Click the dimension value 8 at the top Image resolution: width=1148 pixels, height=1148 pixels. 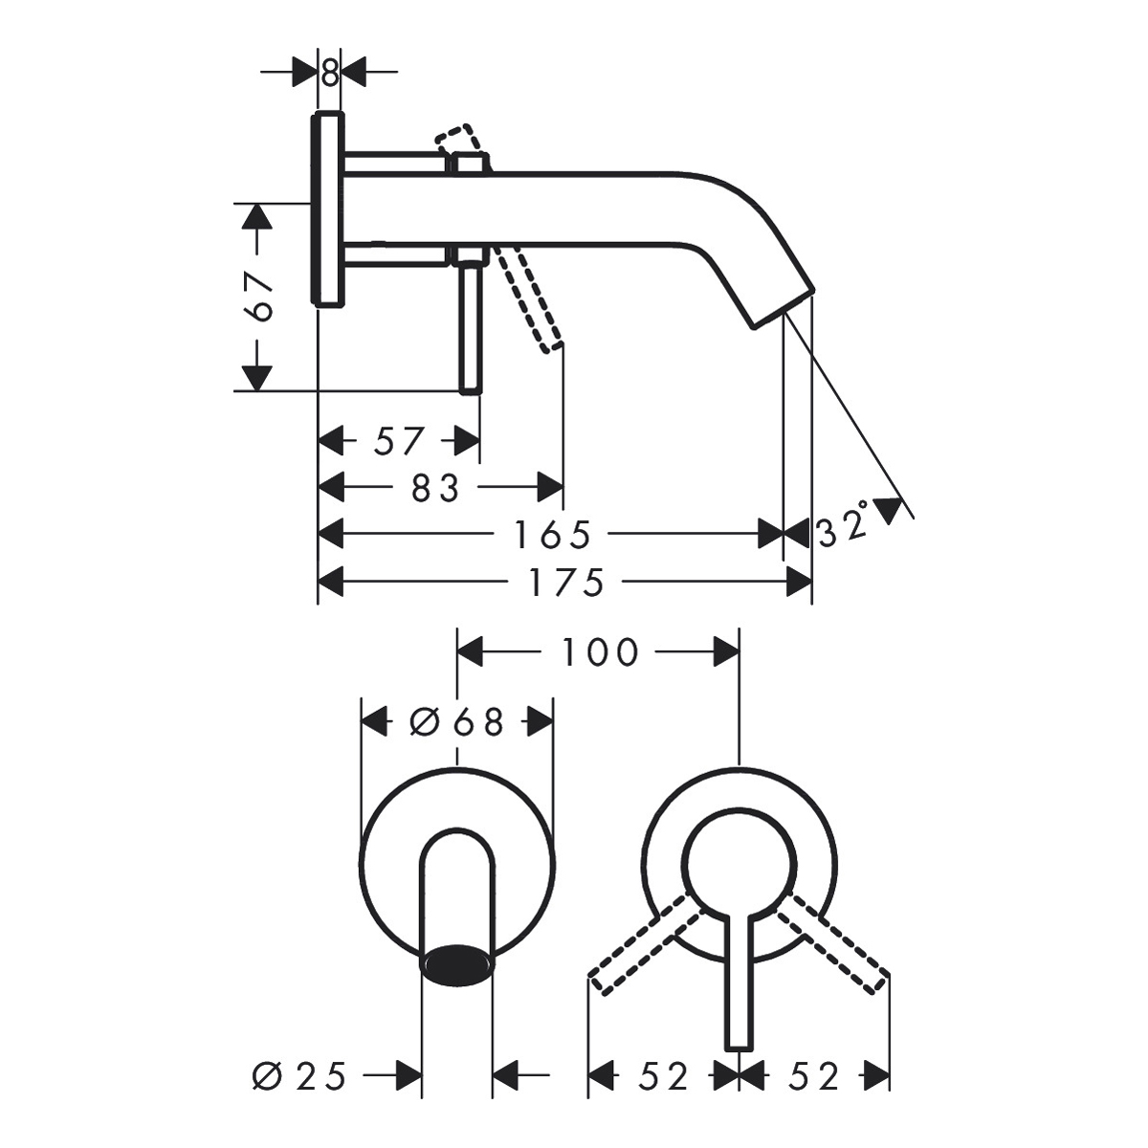329,74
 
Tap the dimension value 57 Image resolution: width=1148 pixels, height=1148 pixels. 399,441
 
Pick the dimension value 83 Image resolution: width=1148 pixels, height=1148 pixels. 435,488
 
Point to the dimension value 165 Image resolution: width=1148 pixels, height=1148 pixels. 552,535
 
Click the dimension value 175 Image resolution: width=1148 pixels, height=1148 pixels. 566,582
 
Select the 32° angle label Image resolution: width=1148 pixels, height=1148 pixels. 844,526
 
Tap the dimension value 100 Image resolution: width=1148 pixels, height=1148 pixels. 599,652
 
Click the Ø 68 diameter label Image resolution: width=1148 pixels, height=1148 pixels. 457,723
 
